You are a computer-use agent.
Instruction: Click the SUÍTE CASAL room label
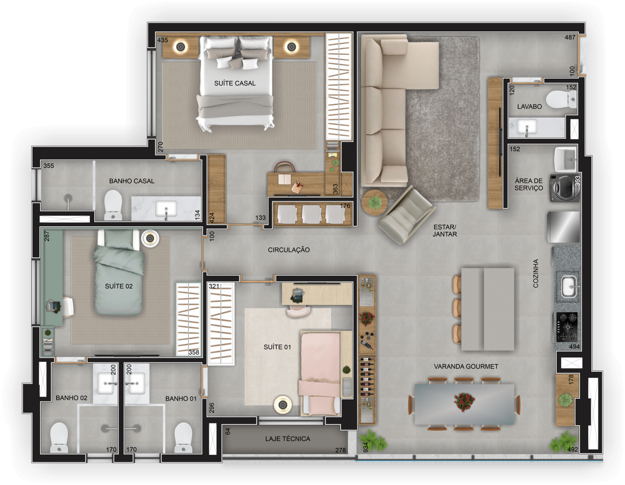(235, 84)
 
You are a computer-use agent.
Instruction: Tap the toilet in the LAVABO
(561, 99)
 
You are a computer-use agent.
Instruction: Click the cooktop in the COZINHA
(567, 326)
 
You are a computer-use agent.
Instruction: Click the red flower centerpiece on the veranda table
(464, 401)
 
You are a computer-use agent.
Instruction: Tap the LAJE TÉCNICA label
(288, 439)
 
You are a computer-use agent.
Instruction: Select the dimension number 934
(365, 447)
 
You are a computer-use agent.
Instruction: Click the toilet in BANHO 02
(59, 437)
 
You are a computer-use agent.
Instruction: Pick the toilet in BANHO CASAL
(113, 205)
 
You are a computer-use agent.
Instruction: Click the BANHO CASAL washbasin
(166, 209)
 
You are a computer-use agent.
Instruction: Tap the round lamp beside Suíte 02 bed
(150, 238)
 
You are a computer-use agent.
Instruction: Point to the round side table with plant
(374, 202)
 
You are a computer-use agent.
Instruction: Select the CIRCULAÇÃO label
(289, 250)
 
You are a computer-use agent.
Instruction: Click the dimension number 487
(570, 37)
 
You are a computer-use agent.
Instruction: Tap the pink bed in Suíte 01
(320, 374)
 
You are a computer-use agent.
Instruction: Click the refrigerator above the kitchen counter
(563, 227)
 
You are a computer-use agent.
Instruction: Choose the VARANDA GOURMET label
(466, 366)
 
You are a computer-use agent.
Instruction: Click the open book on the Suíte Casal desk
(284, 180)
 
